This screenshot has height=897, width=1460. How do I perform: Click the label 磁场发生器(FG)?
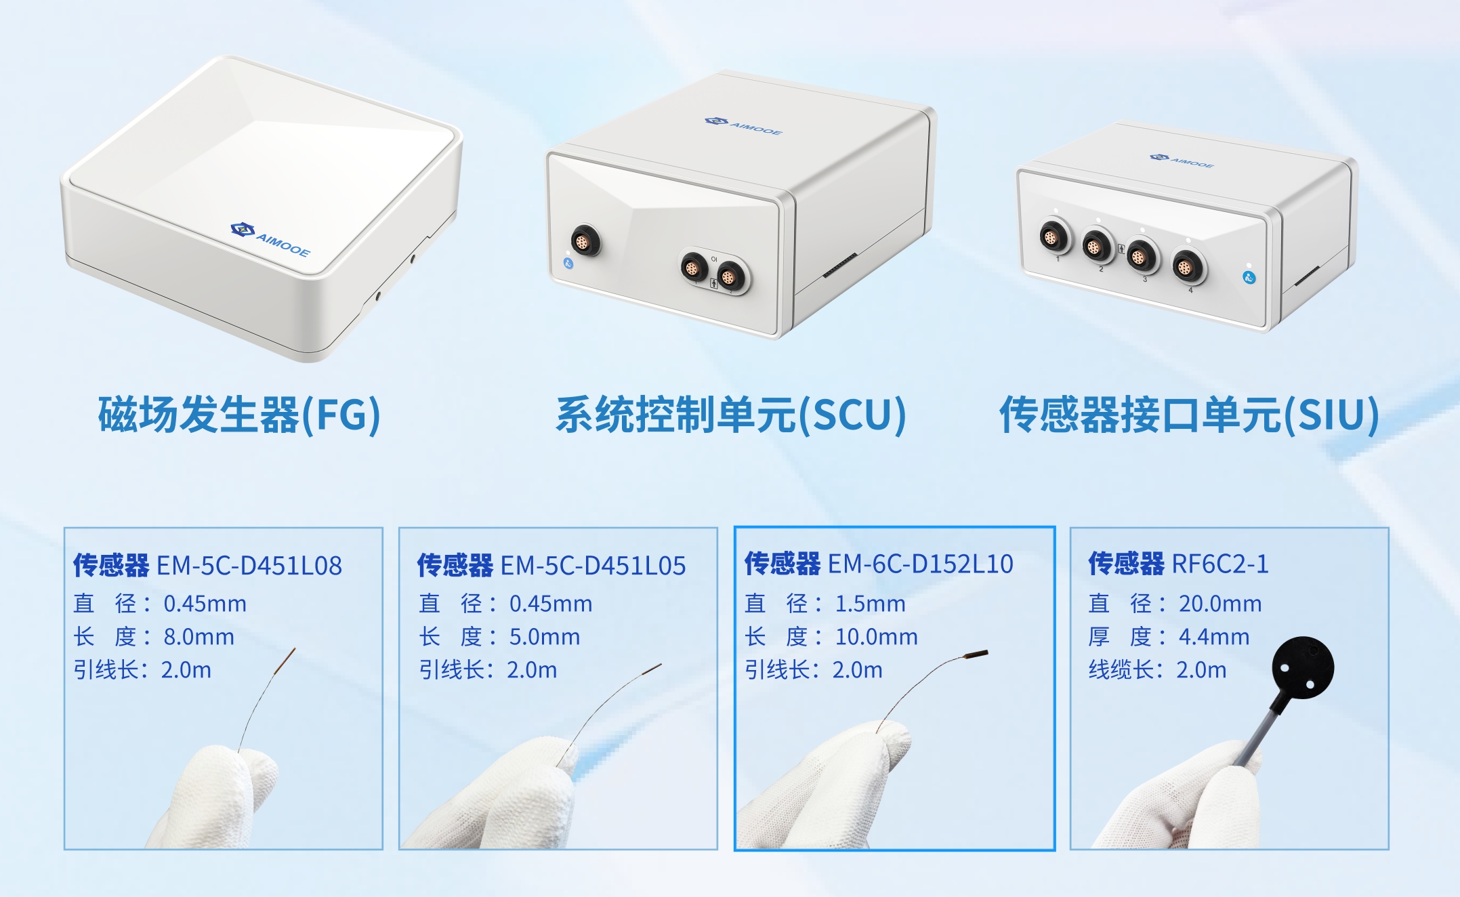click(x=239, y=415)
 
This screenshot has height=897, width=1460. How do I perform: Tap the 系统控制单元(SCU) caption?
click(x=730, y=415)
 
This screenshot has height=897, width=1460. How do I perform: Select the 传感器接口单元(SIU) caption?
click(x=1189, y=415)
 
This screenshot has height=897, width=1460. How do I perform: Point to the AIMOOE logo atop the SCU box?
click(x=743, y=125)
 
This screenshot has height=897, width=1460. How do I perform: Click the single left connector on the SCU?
click(x=583, y=240)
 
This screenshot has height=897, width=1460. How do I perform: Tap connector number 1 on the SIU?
click(x=1054, y=238)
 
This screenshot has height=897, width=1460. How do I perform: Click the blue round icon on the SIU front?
click(x=1249, y=277)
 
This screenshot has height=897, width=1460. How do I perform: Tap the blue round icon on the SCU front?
click(x=568, y=263)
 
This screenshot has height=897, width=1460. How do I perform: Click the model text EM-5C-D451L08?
click(x=249, y=566)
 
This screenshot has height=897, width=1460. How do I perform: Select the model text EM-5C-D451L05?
click(x=593, y=566)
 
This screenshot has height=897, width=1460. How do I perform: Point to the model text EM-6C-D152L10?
click(x=920, y=564)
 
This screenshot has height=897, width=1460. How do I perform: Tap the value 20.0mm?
click(x=1219, y=603)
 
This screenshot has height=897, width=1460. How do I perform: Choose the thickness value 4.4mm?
click(x=1213, y=637)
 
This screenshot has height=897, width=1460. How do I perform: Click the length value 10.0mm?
click(x=876, y=637)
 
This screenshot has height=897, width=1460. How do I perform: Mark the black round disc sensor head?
click(x=1302, y=667)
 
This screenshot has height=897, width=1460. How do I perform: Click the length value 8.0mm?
click(x=199, y=637)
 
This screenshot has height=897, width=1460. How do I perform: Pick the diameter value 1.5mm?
click(x=870, y=603)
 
